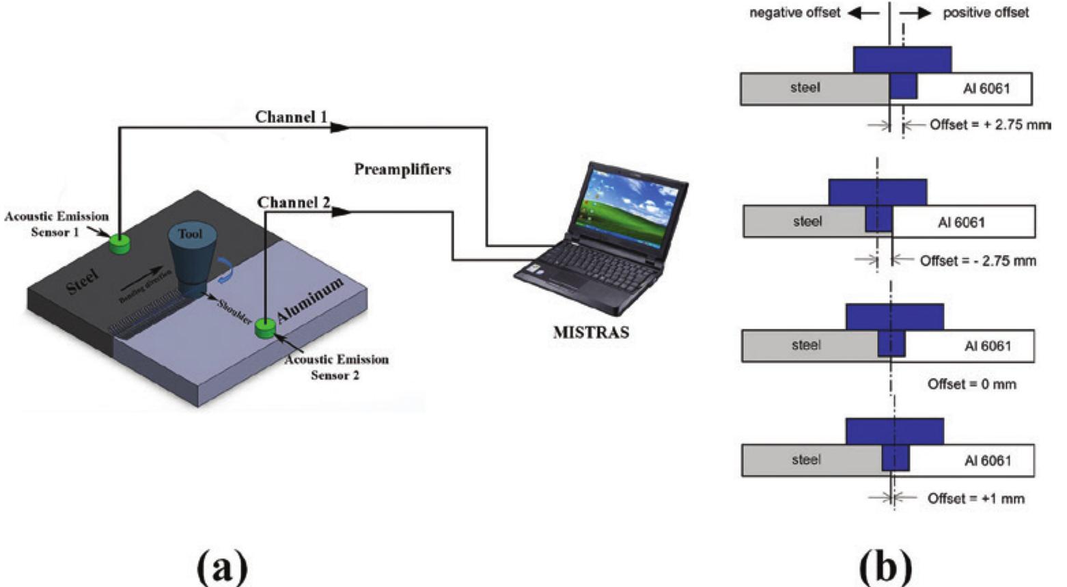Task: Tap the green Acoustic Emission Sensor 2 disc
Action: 264,329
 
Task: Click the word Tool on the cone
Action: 190,234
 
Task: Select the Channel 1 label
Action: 291,118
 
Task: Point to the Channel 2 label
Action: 294,203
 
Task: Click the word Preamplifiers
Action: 402,169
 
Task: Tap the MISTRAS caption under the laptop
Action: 590,333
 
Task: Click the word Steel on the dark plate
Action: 83,282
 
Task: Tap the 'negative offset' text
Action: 794,13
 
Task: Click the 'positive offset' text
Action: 985,13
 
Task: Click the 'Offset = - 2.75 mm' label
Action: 978,260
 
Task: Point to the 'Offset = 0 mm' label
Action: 971,384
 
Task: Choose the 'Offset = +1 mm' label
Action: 975,499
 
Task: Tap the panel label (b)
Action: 887,564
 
